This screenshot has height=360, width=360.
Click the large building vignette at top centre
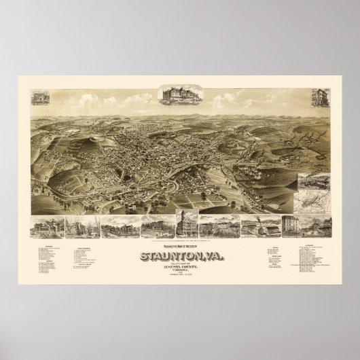click(x=181, y=94)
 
